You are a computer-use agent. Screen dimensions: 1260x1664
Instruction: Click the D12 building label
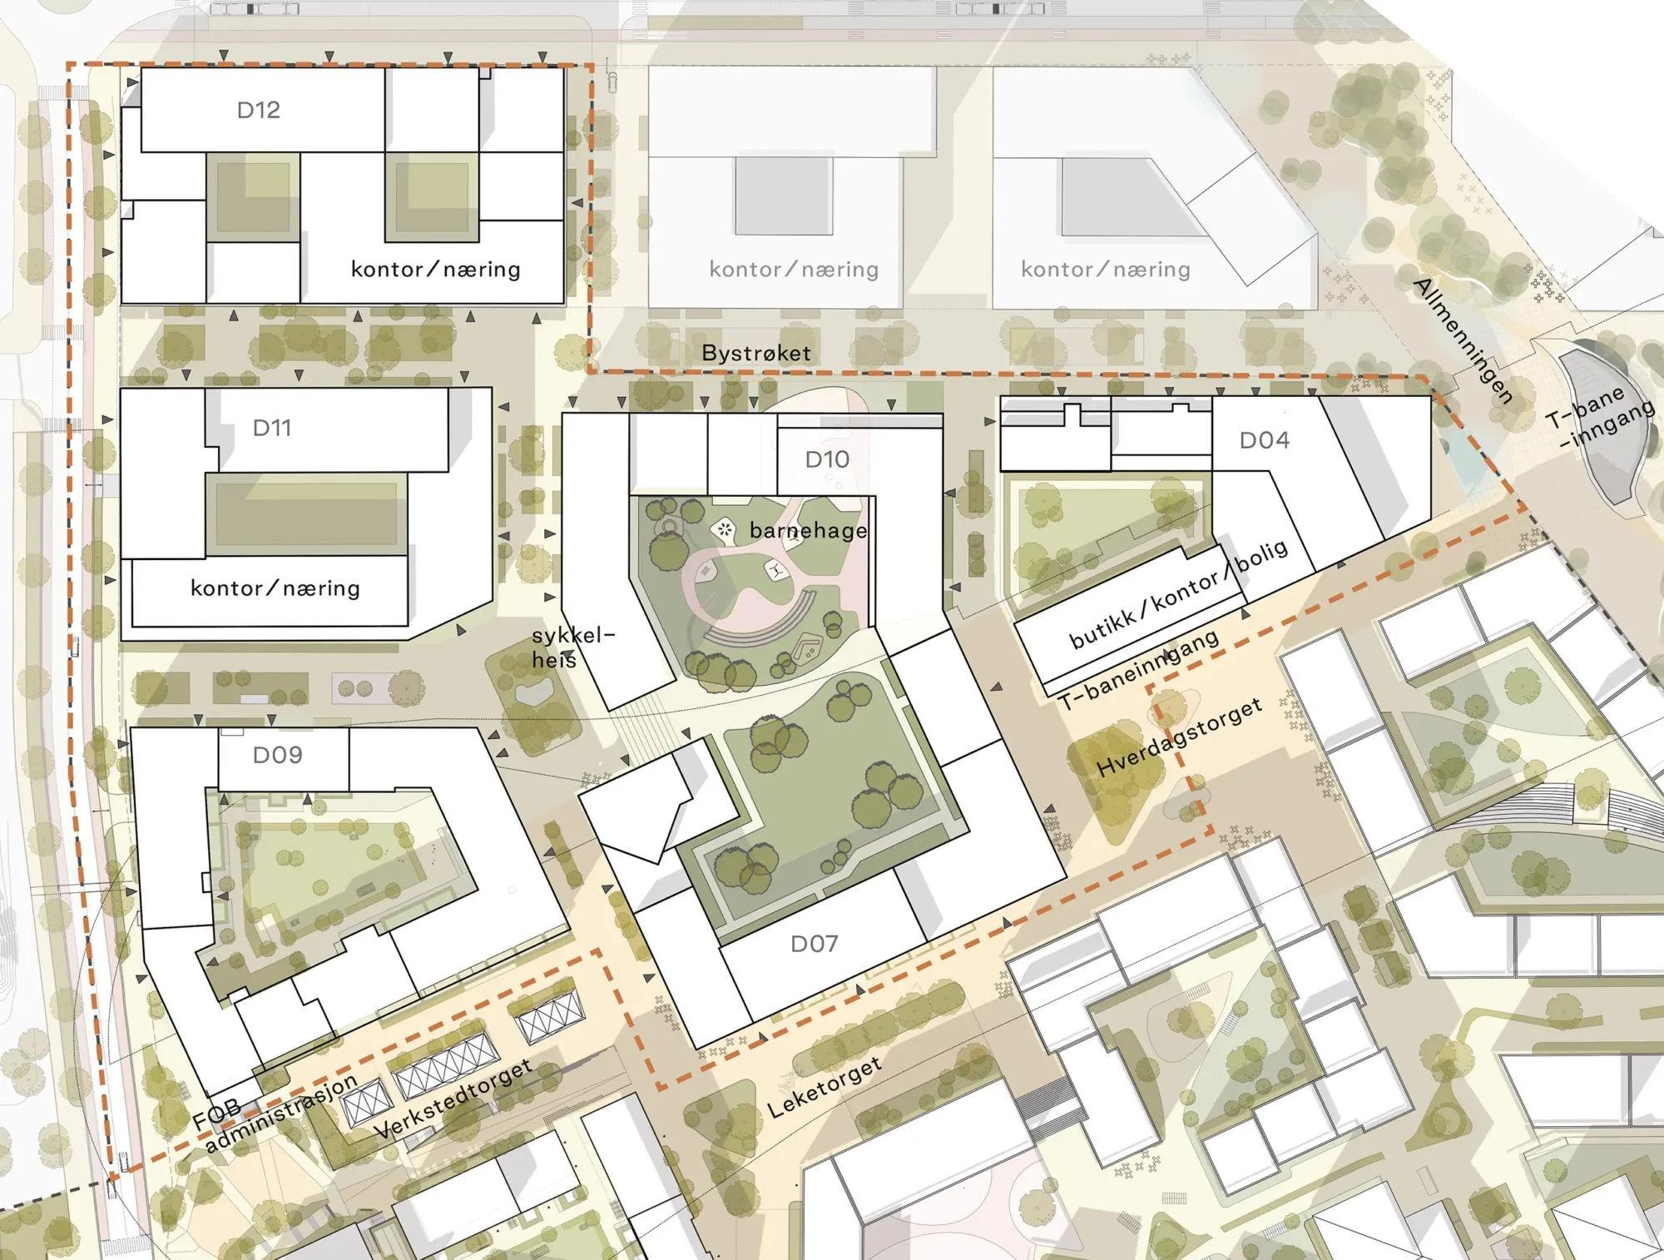[x=258, y=110]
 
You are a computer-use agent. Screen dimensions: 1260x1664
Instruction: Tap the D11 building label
[x=272, y=428]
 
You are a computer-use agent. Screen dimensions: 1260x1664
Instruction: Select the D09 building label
[x=277, y=755]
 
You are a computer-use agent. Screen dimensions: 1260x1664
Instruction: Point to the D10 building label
[x=827, y=459]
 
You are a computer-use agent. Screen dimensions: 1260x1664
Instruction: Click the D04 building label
[x=1264, y=440]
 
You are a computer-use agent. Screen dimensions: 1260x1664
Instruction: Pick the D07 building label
[x=814, y=944]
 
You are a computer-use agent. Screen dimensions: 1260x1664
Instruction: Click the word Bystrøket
[x=755, y=353]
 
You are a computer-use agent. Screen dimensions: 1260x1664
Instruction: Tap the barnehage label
[x=808, y=531]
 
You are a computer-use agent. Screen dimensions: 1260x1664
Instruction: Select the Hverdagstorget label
[x=1179, y=737]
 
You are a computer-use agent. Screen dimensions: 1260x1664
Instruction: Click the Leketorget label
[x=824, y=1088]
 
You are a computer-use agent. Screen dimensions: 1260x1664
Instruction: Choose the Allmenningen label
[x=1463, y=341]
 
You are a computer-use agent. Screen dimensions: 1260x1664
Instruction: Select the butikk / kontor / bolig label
[x=1178, y=594]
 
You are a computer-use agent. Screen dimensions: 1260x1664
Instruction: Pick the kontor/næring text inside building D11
[x=275, y=588]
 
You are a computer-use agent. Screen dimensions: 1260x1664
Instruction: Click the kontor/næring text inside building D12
[x=435, y=270]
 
